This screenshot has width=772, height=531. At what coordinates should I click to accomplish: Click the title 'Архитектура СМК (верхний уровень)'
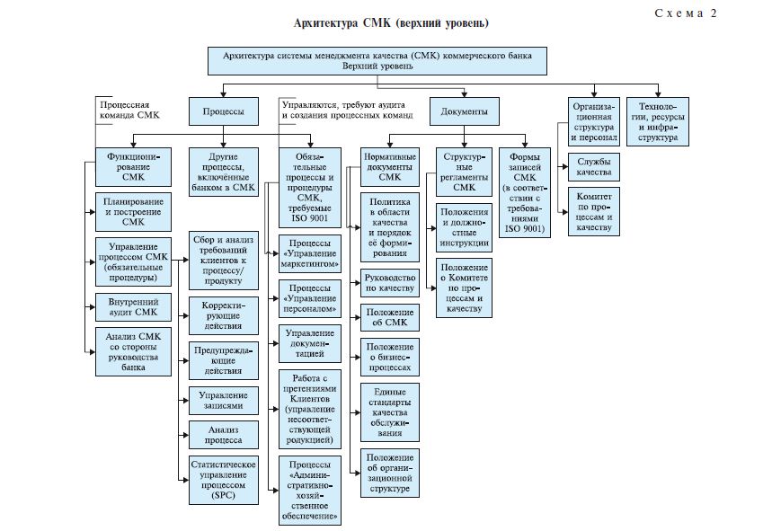tap(393, 21)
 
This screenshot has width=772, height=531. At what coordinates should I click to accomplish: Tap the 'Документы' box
tap(465, 111)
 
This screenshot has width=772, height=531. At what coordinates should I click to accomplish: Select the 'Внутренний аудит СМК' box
tap(132, 306)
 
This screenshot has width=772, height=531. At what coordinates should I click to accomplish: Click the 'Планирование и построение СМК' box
tap(132, 210)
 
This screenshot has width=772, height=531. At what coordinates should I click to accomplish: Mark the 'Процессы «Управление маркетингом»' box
tap(309, 253)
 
